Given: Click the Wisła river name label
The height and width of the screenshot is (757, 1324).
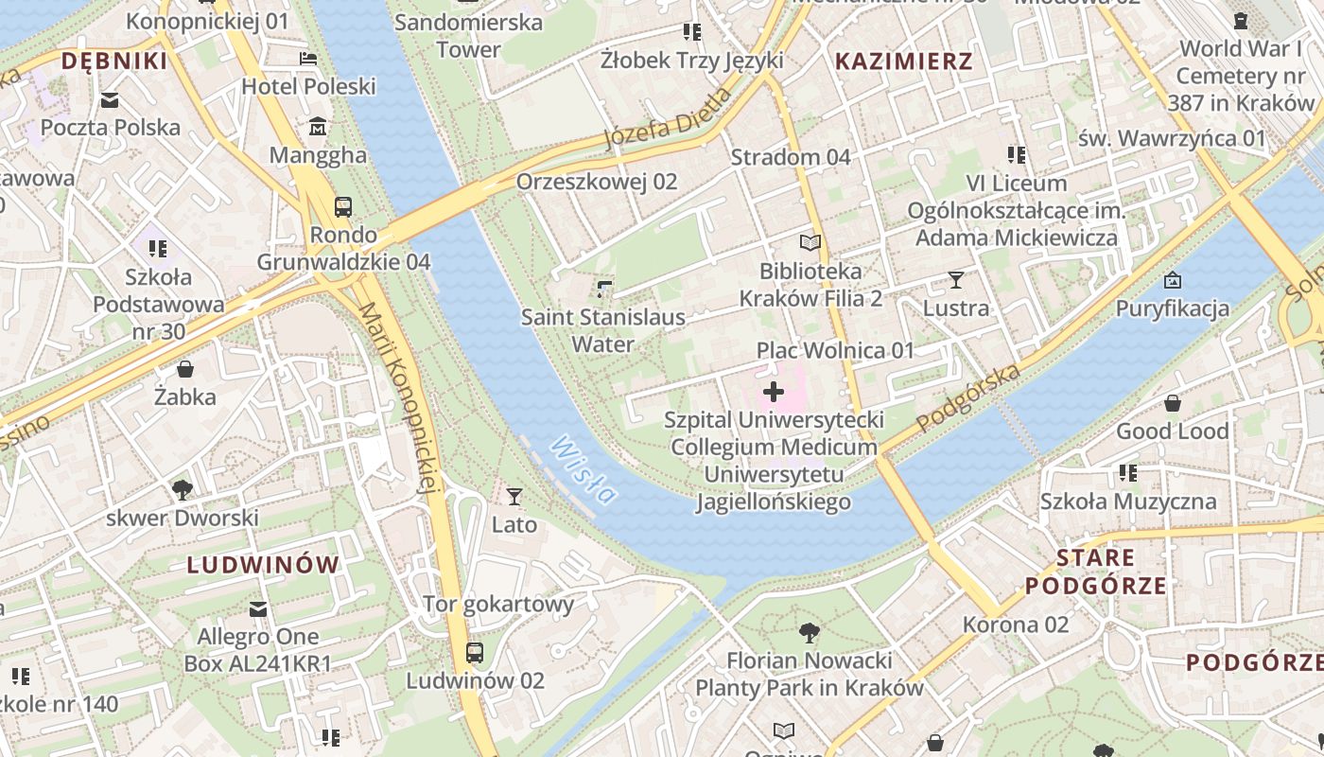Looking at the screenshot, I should pos(584,469).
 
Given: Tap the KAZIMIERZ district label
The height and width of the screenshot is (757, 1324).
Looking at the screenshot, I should pos(904,62).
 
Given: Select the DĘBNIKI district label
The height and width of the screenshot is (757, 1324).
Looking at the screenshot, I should pos(113,62).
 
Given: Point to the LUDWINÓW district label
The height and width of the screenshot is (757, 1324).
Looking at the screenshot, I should pos(263,565).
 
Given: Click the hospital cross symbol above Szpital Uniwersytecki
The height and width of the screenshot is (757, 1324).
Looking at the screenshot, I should pos(774,391).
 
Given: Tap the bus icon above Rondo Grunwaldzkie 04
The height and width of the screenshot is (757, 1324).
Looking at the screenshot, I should pos(343,206).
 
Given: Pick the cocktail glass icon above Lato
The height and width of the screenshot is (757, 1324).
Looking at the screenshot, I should pos(514,496).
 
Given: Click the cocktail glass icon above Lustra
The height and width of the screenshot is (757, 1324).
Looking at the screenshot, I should pos(956,279).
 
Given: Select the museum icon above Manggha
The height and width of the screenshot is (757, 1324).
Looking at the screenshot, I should pos(318,126).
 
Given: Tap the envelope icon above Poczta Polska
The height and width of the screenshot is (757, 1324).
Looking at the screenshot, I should pos(111,99).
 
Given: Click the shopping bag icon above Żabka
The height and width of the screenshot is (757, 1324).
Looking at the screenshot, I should pos(185,368).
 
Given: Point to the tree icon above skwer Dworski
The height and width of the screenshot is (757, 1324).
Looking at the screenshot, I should pos(183,489).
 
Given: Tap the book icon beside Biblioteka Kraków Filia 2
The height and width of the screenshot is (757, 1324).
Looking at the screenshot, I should pos(810,242).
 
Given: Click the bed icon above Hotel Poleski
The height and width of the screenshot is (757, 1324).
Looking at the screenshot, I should pos(308,59).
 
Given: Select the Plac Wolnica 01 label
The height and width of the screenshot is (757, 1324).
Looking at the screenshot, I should pos(835,351).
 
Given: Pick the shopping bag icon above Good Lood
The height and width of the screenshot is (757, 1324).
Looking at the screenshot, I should pos(1173,403).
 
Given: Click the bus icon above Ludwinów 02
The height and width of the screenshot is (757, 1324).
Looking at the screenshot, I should pos(475,652).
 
